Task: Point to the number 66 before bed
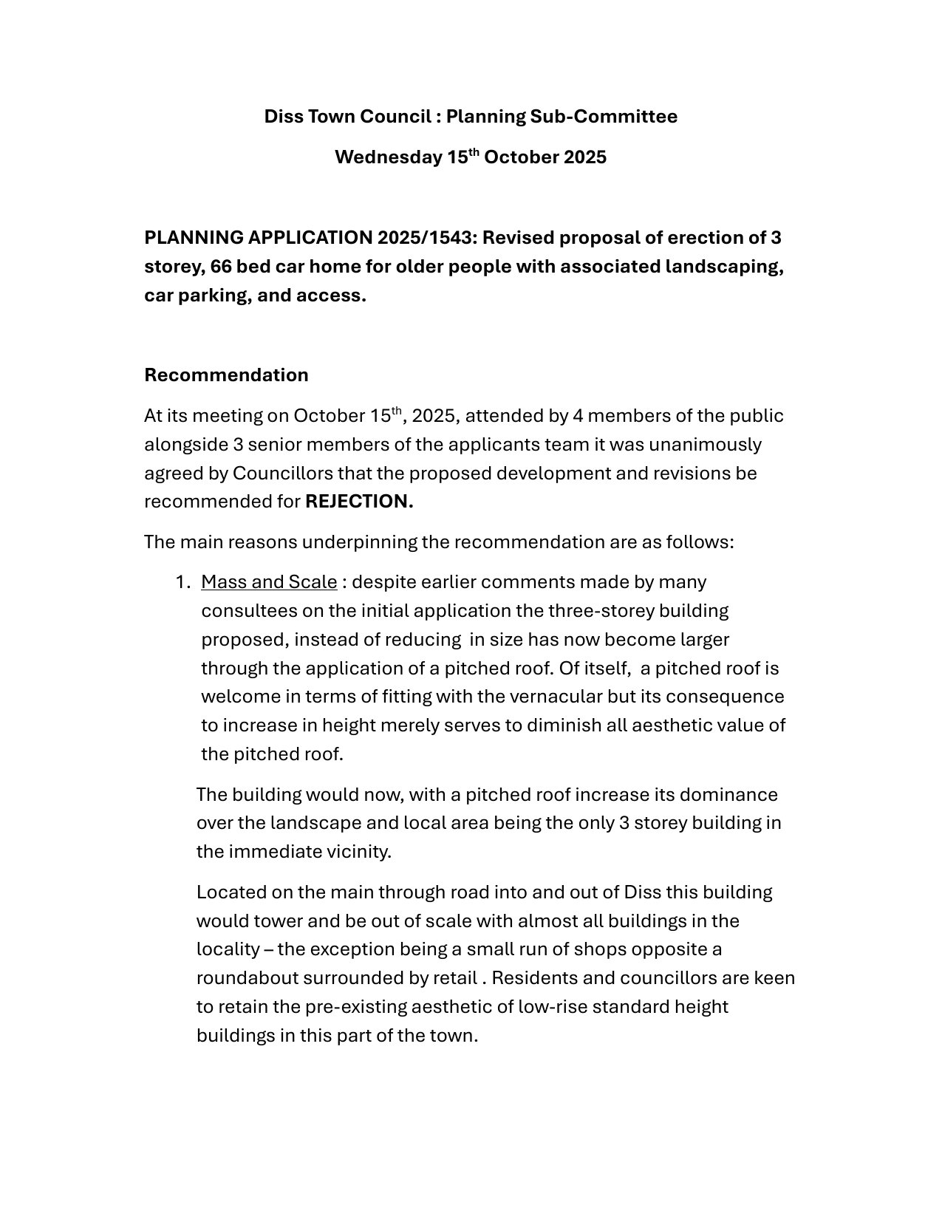[221, 267]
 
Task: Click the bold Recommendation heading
[226, 375]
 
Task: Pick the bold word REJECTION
[359, 502]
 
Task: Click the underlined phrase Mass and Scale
[269, 582]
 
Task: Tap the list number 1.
[182, 582]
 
